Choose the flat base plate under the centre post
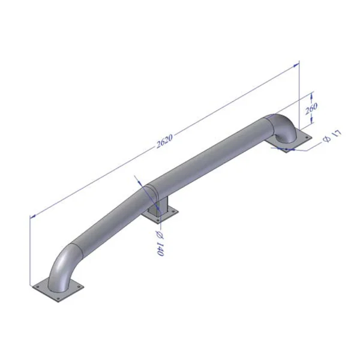tap(161, 217)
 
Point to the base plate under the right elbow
tap(290, 143)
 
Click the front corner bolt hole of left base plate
tap(57, 299)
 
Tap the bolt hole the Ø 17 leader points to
tap(287, 149)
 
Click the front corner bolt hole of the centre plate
tap(159, 224)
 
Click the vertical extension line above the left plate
tap(30, 252)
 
